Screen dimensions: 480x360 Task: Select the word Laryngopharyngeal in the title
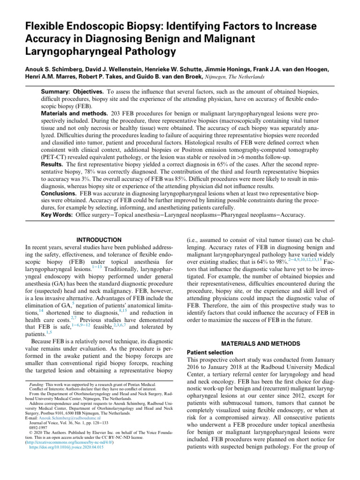(x=71, y=50)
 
